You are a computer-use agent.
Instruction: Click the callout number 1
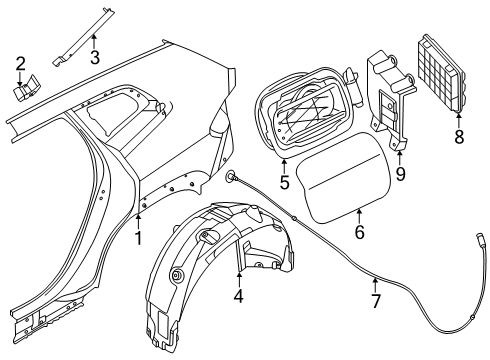click(139, 237)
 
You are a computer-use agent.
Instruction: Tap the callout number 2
click(20, 66)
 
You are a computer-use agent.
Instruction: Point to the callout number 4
click(238, 296)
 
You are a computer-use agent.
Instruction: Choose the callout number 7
click(375, 299)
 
